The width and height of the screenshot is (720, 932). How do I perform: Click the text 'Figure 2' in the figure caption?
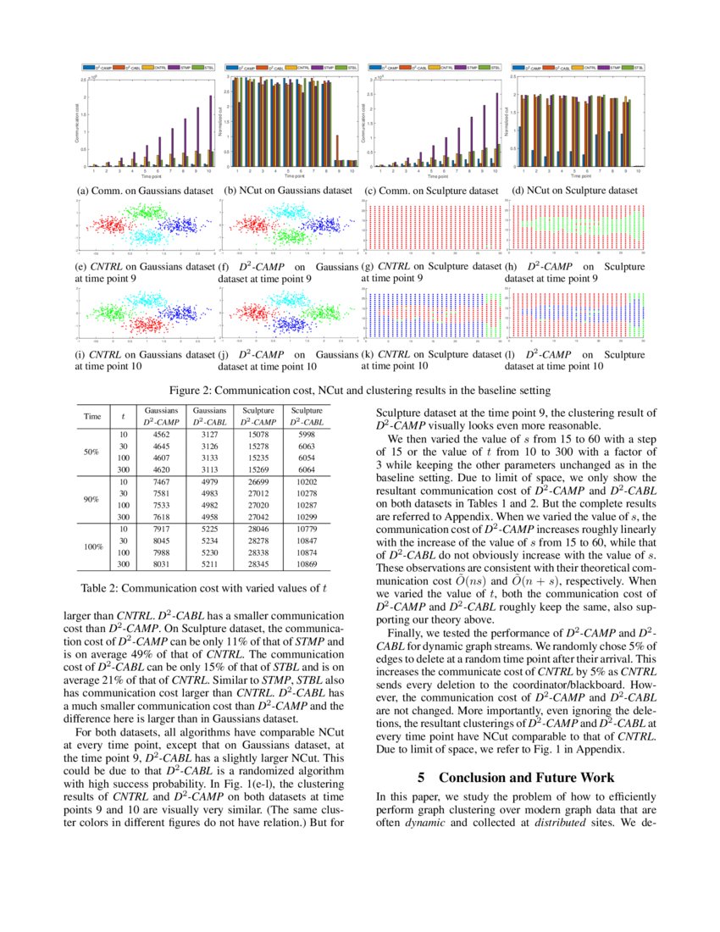[x=196, y=391]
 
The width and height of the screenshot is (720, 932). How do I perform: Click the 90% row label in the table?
[x=91, y=498]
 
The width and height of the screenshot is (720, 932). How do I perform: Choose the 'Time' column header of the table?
[x=91, y=416]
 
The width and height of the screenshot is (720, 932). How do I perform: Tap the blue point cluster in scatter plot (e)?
[x=181, y=225]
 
